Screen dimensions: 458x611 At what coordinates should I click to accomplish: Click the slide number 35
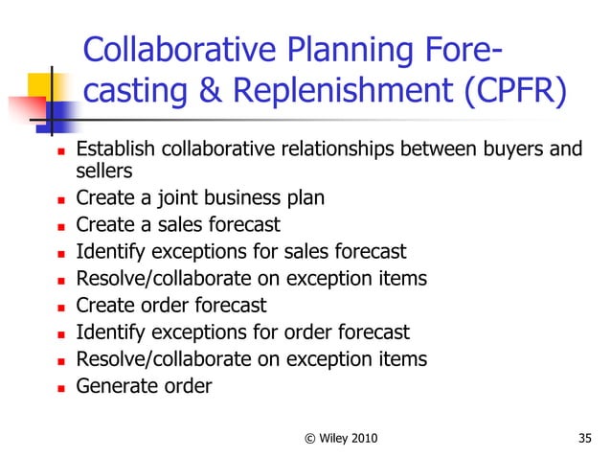coord(586,438)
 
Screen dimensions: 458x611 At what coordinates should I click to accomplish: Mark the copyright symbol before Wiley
coord(309,438)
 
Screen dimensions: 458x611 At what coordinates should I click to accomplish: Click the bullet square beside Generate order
coord(57,388)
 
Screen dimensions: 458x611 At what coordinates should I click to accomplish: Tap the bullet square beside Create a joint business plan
coord(57,200)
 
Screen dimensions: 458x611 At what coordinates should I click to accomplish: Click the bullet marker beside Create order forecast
coord(57,308)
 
